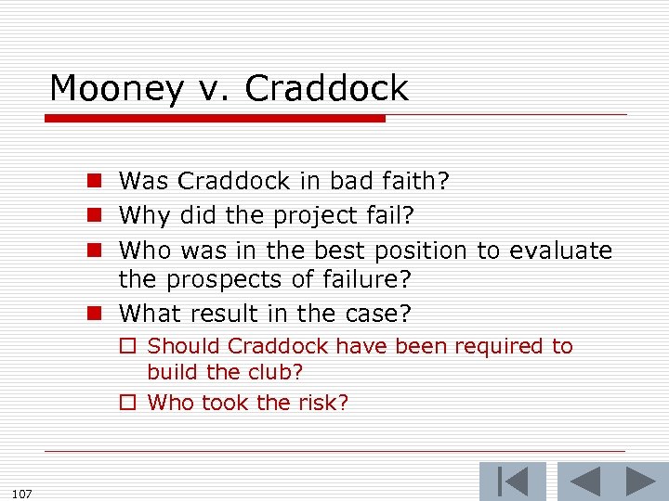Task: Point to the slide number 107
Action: click(22, 493)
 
